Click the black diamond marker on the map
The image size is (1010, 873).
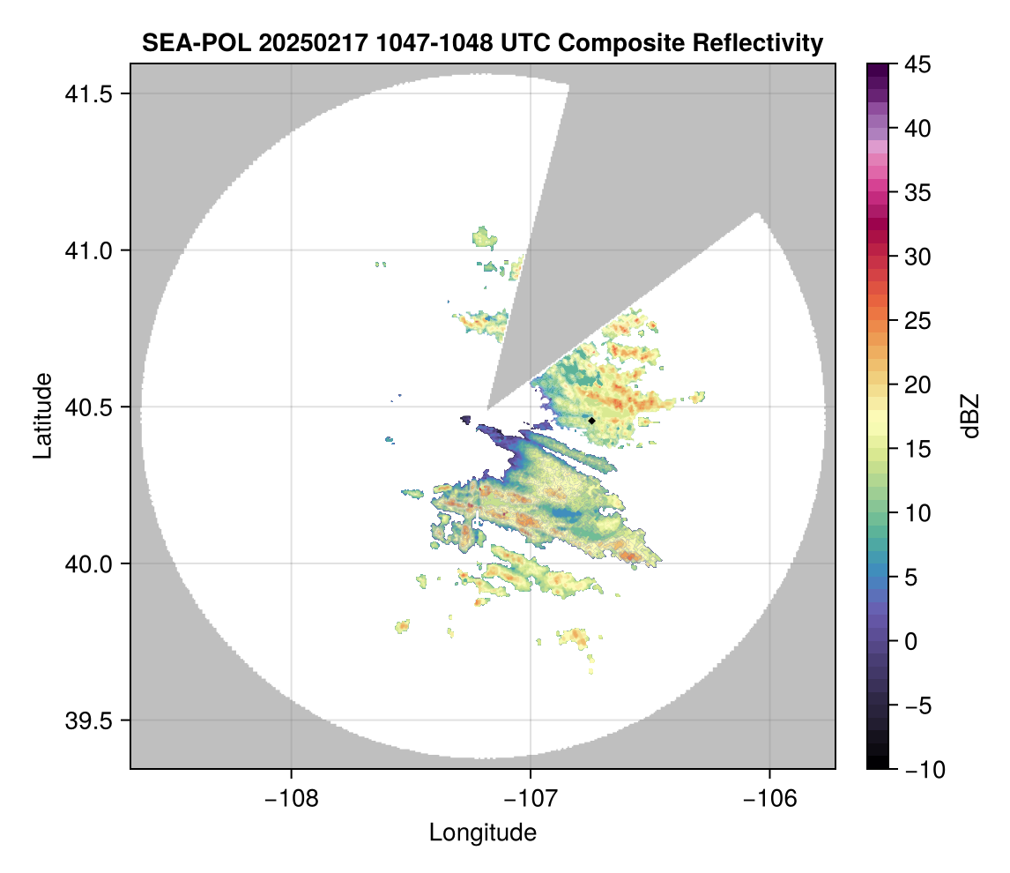tap(592, 421)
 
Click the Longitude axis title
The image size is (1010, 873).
tap(483, 832)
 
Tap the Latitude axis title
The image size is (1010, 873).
tap(42, 415)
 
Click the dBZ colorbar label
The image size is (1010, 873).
tap(970, 415)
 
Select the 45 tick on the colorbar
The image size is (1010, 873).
tap(918, 64)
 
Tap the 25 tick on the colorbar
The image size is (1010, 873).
tap(918, 322)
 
